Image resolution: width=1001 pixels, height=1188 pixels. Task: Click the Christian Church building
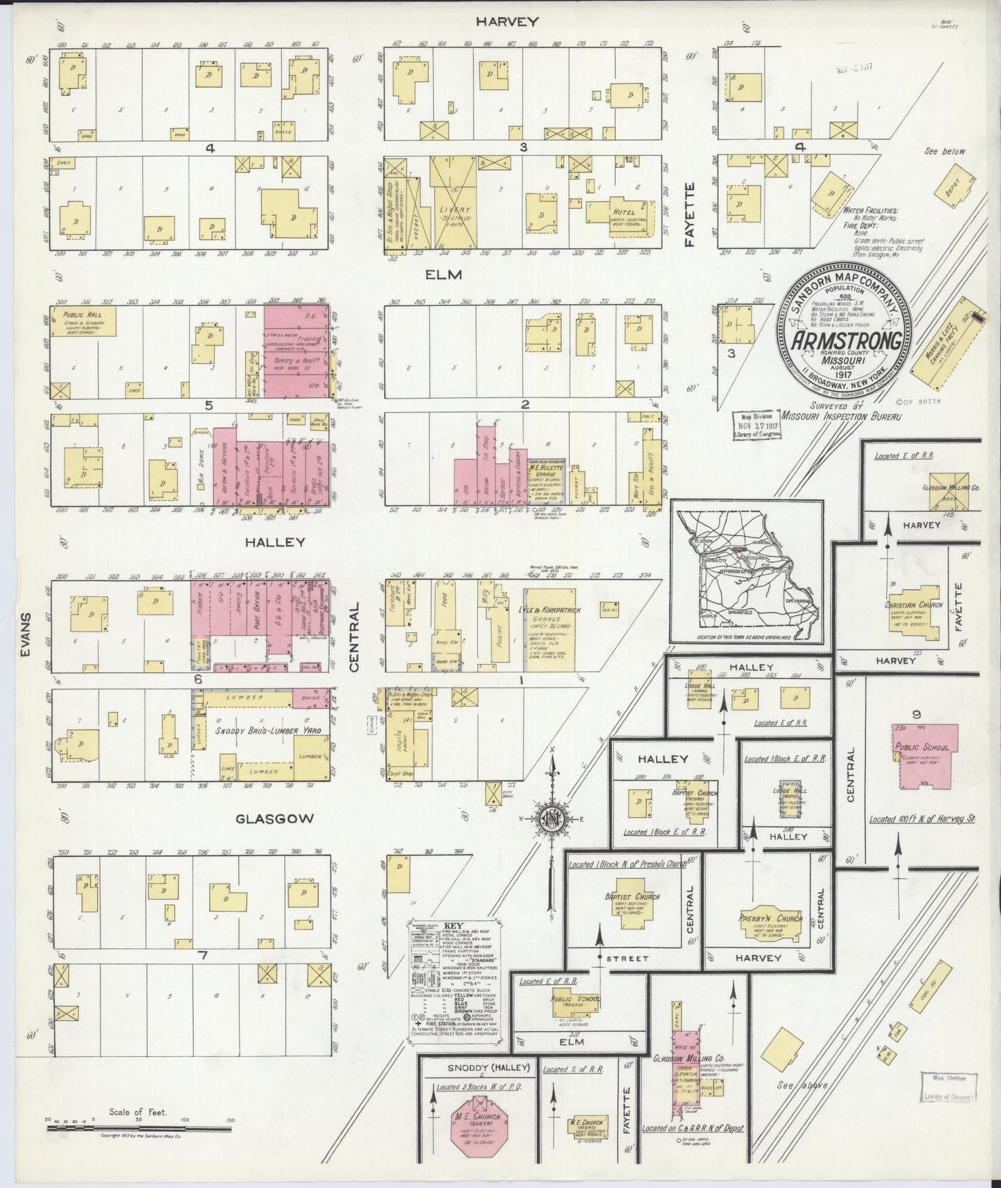(x=913, y=605)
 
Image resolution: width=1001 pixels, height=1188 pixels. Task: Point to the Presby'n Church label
(x=771, y=919)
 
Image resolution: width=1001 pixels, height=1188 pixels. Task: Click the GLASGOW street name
(x=275, y=819)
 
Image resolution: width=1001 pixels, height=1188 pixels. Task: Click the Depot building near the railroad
(x=951, y=184)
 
